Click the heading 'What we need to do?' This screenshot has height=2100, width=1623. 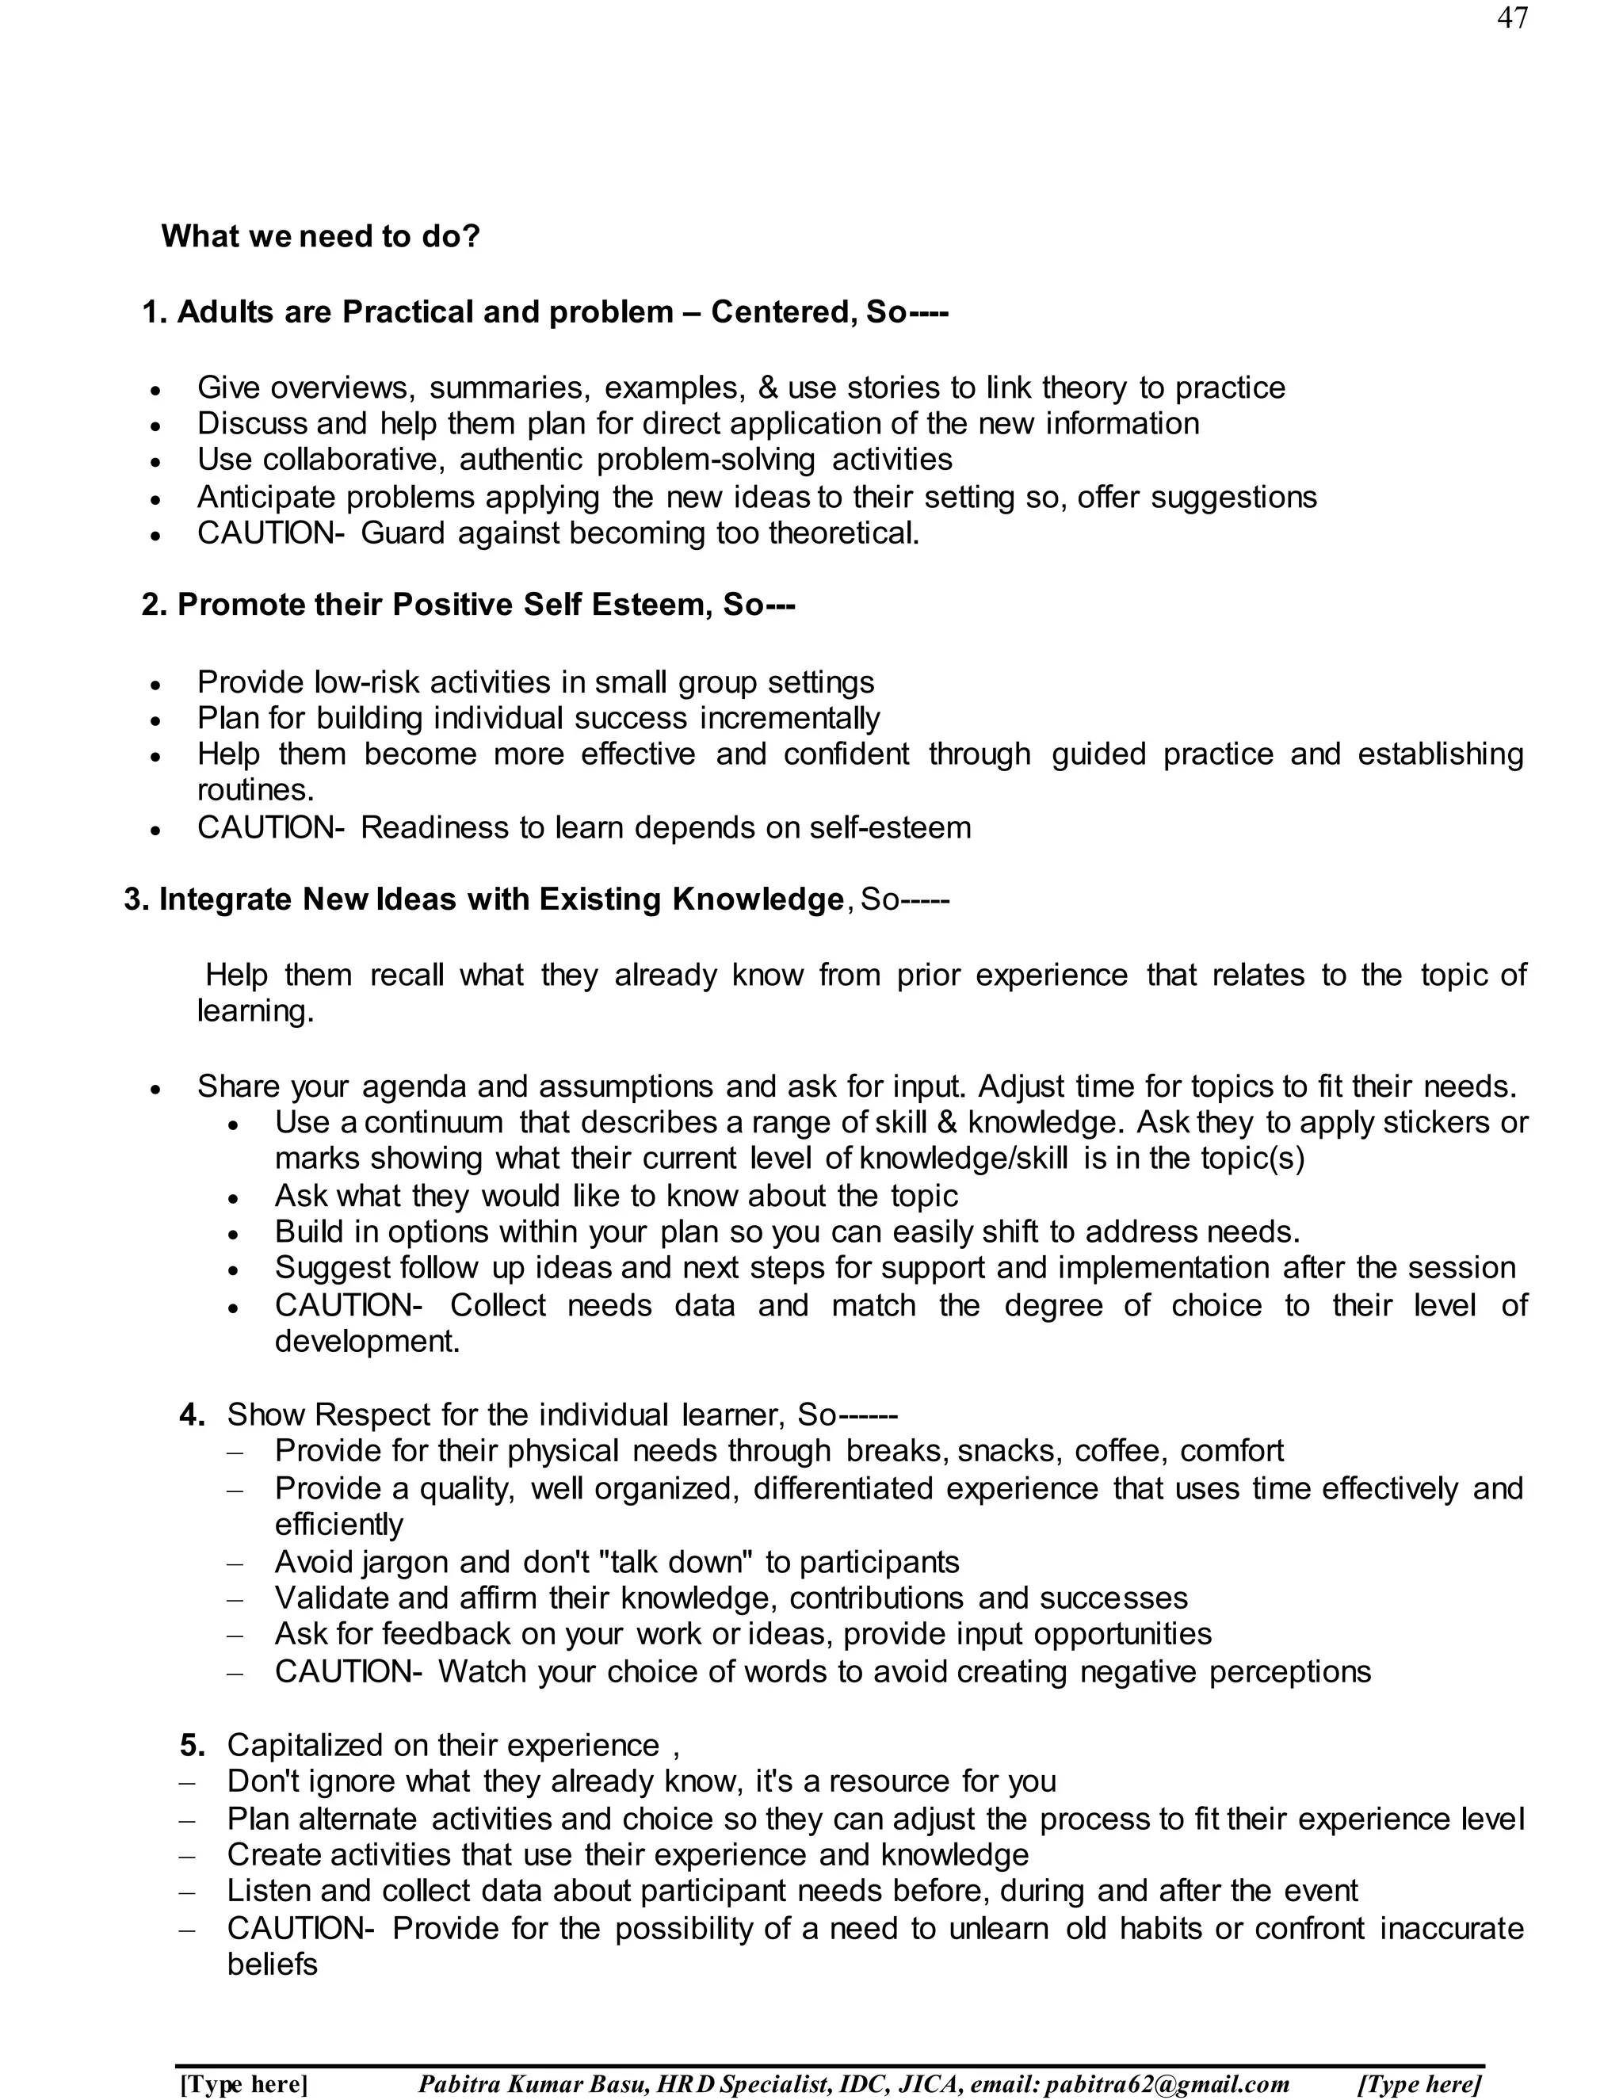pyautogui.click(x=320, y=236)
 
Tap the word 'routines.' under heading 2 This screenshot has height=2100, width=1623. pyautogui.click(x=256, y=790)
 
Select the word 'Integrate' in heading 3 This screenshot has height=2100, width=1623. pyautogui.click(x=226, y=899)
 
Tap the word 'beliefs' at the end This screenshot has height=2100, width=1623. pyautogui.click(x=272, y=1964)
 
